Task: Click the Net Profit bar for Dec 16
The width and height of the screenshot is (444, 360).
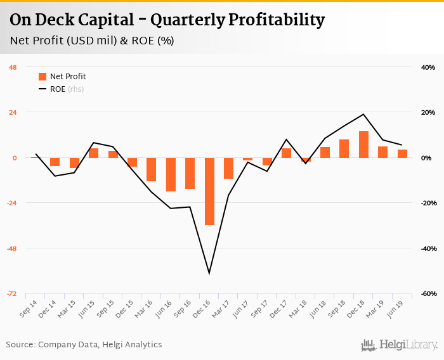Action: [209, 191]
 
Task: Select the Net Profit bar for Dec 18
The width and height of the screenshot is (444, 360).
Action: [363, 145]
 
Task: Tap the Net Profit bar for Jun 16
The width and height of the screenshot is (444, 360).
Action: [171, 174]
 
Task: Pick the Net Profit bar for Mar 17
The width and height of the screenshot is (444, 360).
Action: [228, 168]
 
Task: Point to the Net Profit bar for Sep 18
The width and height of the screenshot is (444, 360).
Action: [344, 148]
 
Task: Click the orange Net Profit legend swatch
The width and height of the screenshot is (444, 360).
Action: [42, 77]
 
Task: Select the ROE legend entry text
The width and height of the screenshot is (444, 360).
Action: [58, 89]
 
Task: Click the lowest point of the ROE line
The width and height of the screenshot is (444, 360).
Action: [209, 274]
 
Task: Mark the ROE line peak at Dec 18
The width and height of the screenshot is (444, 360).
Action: [363, 115]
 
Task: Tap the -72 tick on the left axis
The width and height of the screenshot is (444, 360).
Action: [13, 293]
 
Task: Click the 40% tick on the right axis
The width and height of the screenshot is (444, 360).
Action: [428, 67]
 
